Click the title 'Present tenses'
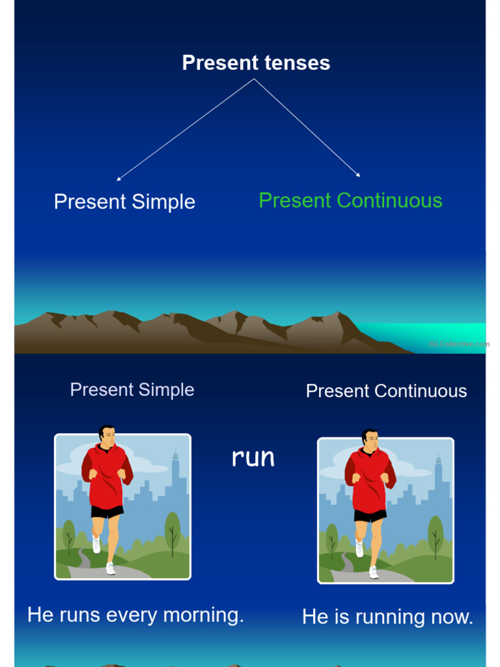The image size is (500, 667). pyautogui.click(x=256, y=63)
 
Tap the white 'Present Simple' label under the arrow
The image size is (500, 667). pyautogui.click(x=124, y=202)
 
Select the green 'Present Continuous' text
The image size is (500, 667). pyautogui.click(x=350, y=201)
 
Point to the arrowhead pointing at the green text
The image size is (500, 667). pyautogui.click(x=358, y=175)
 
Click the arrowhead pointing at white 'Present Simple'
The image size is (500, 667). pyautogui.click(x=118, y=178)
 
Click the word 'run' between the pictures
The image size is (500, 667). pyautogui.click(x=253, y=458)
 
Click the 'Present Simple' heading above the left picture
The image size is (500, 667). pyautogui.click(x=132, y=390)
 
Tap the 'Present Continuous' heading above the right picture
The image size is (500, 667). pyautogui.click(x=386, y=391)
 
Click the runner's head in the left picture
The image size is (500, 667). pyautogui.click(x=107, y=435)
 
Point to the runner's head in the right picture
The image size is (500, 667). pyautogui.click(x=370, y=439)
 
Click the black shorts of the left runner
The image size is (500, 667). pyautogui.click(x=107, y=512)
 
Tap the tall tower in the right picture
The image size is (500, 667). pyautogui.click(x=438, y=475)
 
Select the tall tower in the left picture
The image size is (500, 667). pyautogui.click(x=175, y=470)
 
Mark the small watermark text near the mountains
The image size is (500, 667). pyautogui.click(x=458, y=344)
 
